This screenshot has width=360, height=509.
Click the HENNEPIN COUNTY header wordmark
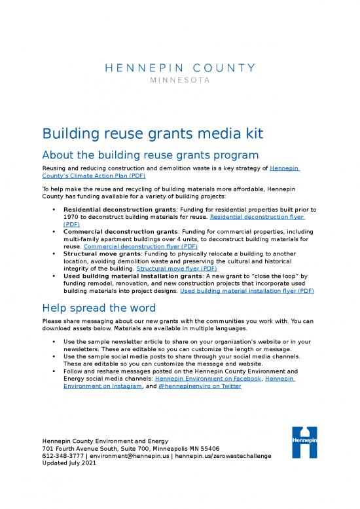tap(179, 67)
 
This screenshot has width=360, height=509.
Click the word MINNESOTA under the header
tap(179, 81)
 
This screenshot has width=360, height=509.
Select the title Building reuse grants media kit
tap(153, 134)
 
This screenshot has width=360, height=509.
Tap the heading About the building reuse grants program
tap(151, 155)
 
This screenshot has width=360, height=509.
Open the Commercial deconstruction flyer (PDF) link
tap(135, 247)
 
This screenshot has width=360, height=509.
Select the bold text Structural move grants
tap(100, 254)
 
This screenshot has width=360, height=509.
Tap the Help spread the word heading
tap(98, 308)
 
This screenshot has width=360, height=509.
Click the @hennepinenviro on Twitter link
tap(200, 386)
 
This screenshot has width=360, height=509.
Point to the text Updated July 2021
tap(69, 463)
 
